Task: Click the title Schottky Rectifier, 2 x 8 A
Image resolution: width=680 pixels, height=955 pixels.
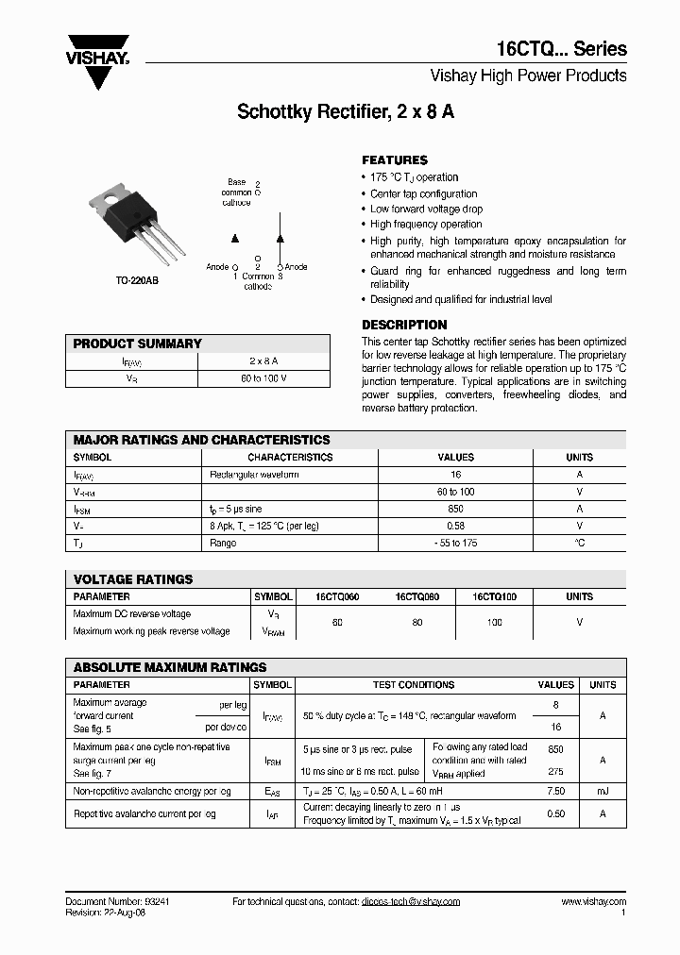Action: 346,111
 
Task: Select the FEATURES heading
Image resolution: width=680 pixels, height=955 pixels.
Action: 395,160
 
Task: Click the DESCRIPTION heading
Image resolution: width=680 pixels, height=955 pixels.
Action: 404,325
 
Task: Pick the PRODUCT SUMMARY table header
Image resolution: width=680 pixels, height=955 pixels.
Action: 138,343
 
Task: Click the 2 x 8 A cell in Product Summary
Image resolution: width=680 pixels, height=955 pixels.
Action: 263,361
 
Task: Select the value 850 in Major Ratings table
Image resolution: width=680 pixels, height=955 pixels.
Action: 455,509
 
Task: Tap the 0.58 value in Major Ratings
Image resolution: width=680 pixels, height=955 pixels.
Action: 455,526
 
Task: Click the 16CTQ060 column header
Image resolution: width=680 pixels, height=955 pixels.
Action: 337,597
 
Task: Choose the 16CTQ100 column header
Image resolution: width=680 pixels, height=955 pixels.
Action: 495,597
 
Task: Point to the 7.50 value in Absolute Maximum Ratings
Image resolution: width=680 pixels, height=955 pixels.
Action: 555,792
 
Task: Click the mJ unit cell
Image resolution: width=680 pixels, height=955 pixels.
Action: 603,792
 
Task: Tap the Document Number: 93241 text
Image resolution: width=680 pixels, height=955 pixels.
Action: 117,901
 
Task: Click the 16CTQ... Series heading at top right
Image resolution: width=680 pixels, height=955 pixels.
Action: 561,49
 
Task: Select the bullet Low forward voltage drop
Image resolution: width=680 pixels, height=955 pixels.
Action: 426,209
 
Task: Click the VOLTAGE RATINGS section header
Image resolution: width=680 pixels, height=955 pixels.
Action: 133,579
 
